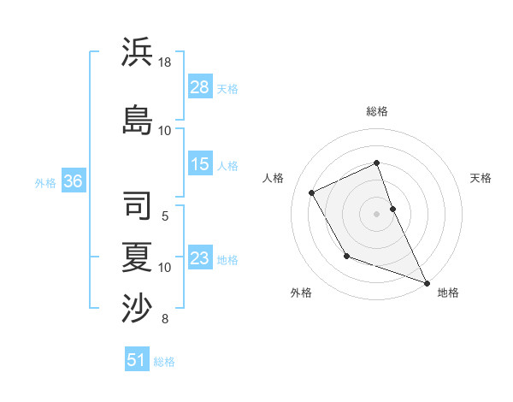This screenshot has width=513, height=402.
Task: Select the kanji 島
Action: (138, 118)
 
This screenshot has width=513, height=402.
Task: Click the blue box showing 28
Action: (200, 87)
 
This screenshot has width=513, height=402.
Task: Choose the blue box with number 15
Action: (200, 164)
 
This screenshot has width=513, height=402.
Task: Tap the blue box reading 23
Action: (200, 258)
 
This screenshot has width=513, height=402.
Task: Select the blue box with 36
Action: (73, 181)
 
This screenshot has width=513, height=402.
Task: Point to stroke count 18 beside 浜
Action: (165, 62)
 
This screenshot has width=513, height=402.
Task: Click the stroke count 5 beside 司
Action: (165, 216)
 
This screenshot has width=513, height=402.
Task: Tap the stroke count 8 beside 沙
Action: (165, 320)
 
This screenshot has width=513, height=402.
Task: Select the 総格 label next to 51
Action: (164, 362)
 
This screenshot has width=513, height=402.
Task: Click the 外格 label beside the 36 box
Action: (45, 182)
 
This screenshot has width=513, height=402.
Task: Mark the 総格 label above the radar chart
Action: (377, 111)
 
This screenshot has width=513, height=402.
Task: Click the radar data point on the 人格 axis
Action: (312, 192)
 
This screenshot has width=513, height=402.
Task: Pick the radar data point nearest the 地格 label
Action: (427, 283)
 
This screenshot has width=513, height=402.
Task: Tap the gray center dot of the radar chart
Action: (377, 213)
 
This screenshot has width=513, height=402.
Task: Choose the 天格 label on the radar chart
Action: (481, 178)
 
